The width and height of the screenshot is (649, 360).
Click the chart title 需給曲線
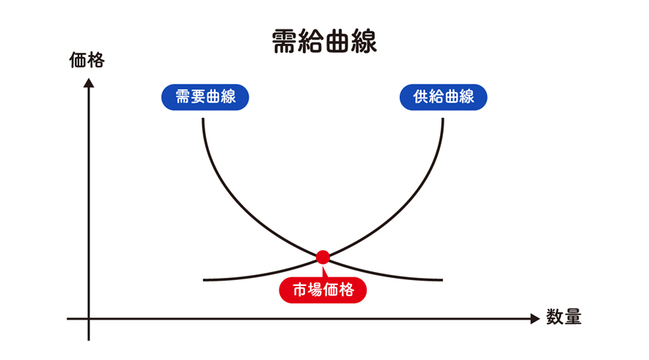324,42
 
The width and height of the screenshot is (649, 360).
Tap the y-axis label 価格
87,60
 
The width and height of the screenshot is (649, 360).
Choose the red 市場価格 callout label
323,290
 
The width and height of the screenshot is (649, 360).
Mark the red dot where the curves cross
323,257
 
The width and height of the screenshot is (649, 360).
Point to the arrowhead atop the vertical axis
89,82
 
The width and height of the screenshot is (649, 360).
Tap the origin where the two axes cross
89,319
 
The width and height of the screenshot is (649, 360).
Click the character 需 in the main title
284,42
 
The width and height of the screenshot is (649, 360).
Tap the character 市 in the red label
301,290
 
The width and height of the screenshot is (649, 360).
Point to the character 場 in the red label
316,290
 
